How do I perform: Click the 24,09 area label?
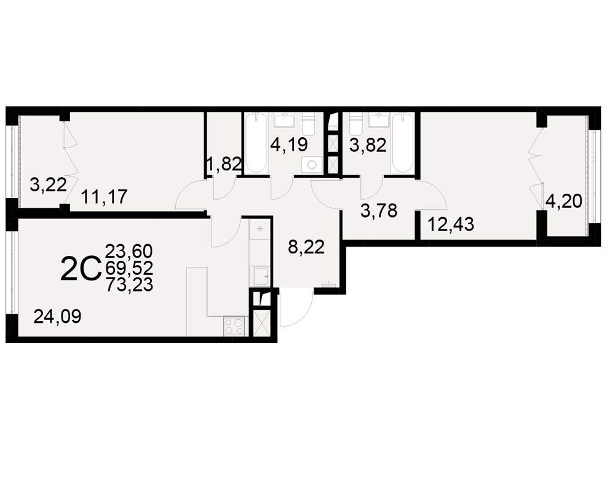click(x=57, y=316)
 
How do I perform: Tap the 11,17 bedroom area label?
click(x=105, y=197)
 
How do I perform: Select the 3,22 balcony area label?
click(x=48, y=184)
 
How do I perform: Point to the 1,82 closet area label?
click(x=224, y=164)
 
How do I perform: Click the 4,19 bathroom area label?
click(x=289, y=145)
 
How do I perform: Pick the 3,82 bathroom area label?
click(x=368, y=145)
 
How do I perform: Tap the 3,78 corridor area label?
click(x=379, y=211)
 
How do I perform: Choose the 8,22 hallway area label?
click(x=306, y=247)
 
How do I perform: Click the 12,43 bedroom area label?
click(x=451, y=225)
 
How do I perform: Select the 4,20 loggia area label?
click(x=564, y=202)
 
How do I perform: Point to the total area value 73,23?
click(x=129, y=285)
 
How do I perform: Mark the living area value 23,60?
click(x=129, y=251)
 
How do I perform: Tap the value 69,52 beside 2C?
click(x=129, y=268)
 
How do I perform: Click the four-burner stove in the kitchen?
click(x=234, y=326)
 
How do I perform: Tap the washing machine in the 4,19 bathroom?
click(x=312, y=165)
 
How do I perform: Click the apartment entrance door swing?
click(x=296, y=307)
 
